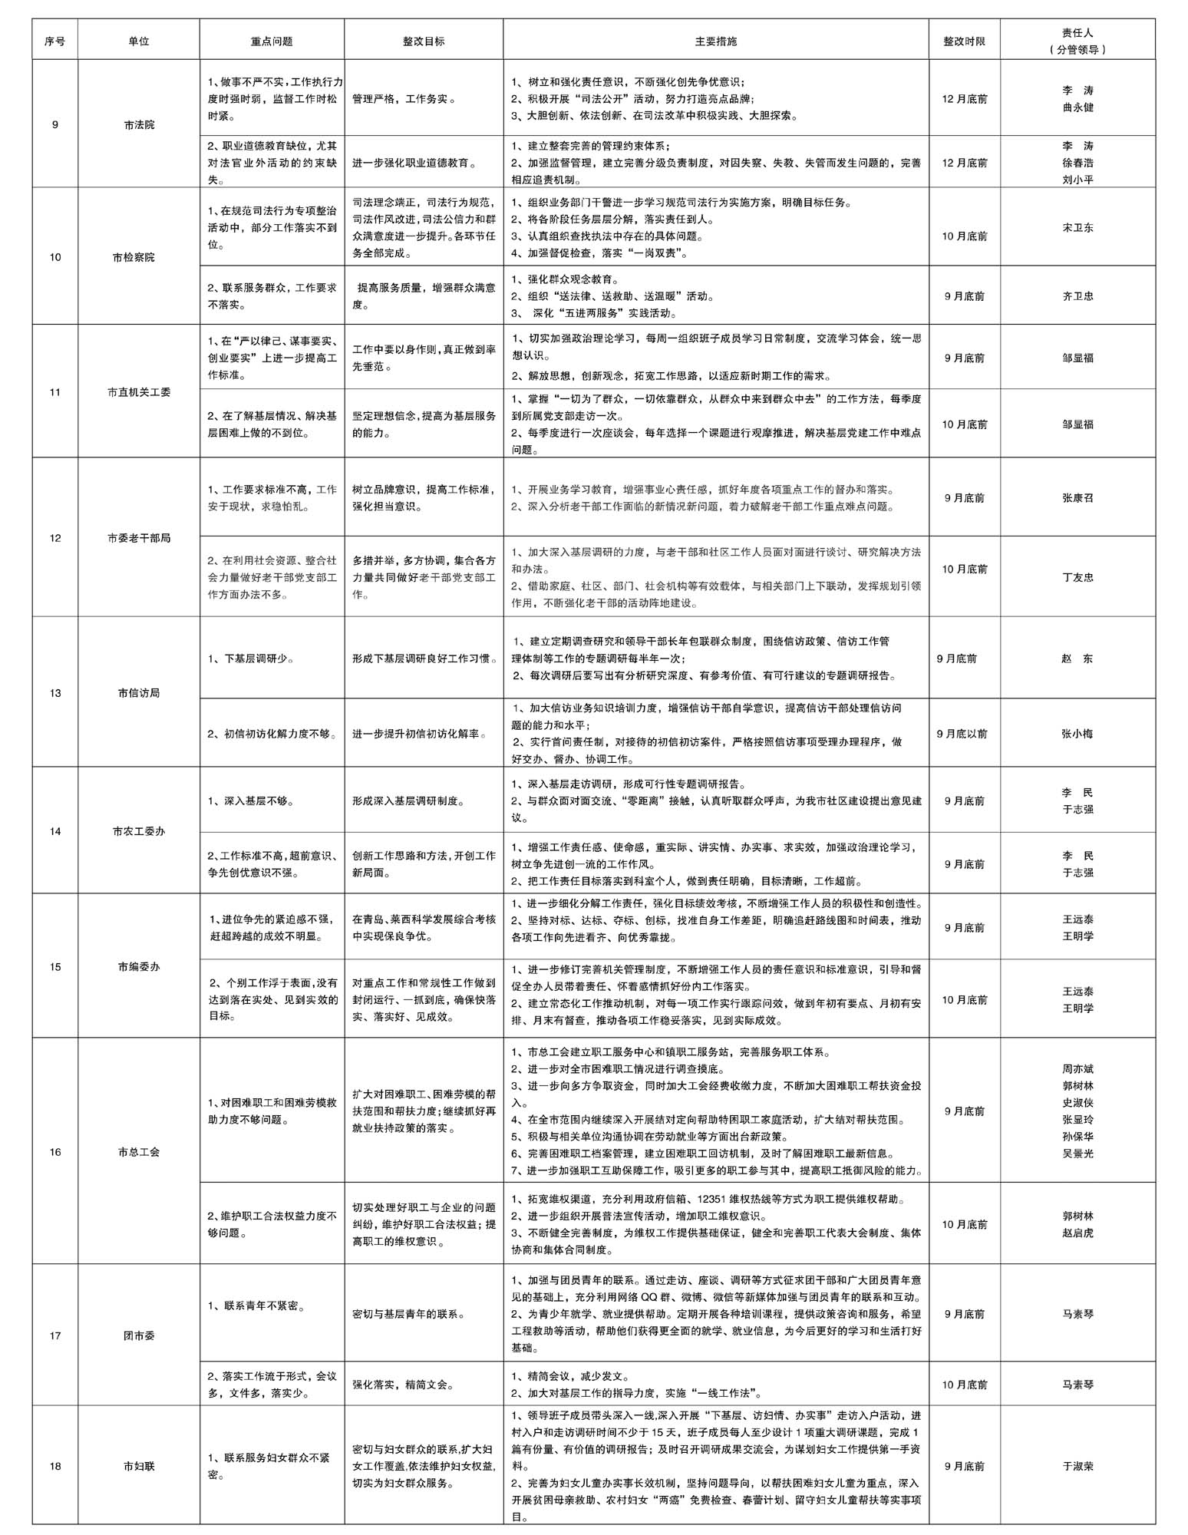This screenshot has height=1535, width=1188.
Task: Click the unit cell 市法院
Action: pyautogui.click(x=139, y=124)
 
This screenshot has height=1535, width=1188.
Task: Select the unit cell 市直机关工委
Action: pyautogui.click(x=139, y=392)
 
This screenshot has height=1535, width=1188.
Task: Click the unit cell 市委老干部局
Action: pyautogui.click(x=139, y=538)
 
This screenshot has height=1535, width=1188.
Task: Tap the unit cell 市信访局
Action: pyautogui.click(x=139, y=693)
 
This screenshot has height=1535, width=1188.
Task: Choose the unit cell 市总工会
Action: pyautogui.click(x=139, y=1152)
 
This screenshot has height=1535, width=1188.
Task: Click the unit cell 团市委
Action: pyautogui.click(x=139, y=1335)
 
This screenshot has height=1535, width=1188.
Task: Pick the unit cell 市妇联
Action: pyautogui.click(x=139, y=1466)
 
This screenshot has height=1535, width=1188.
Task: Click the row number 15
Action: pyautogui.click(x=55, y=967)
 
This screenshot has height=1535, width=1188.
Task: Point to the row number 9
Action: pyautogui.click(x=55, y=124)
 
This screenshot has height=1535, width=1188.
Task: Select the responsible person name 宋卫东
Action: pyautogui.click(x=1077, y=228)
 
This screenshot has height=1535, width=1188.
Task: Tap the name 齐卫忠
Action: pyautogui.click(x=1077, y=295)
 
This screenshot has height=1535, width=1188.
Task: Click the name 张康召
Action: pyautogui.click(x=1077, y=497)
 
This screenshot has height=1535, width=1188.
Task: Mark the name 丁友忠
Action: pyautogui.click(x=1077, y=577)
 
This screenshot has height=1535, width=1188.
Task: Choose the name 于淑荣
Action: pyautogui.click(x=1077, y=1466)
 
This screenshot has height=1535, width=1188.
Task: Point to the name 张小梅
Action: pyautogui.click(x=1077, y=734)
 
